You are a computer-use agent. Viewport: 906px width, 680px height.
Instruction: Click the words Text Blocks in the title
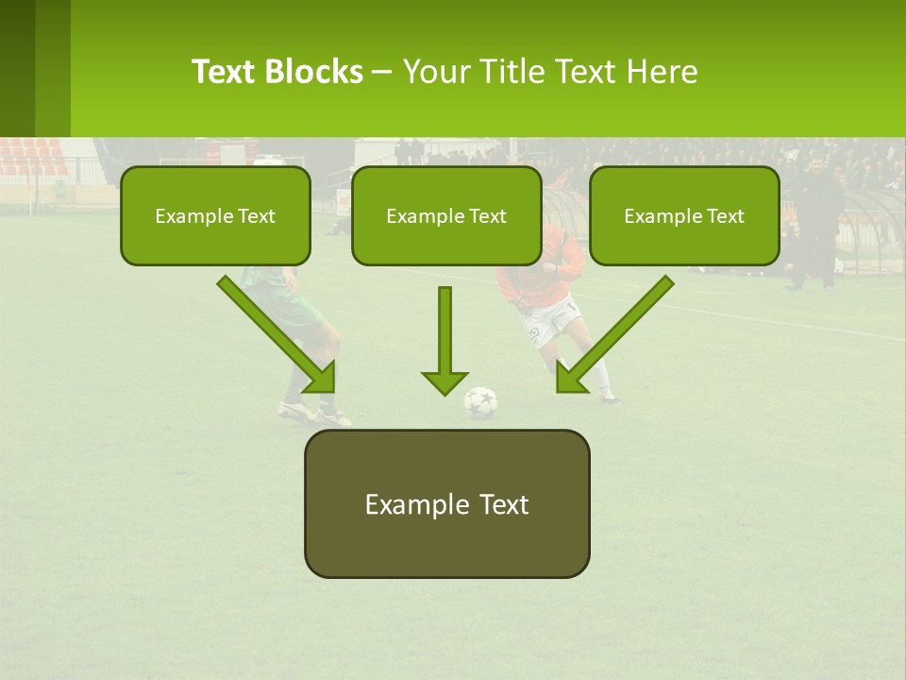[277, 72]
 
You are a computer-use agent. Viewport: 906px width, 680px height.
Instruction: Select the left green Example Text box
[215, 216]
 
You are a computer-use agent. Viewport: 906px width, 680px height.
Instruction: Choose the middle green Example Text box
[446, 216]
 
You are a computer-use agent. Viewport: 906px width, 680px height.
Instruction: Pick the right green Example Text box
[684, 216]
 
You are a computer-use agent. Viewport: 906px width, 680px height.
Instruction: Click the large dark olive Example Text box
[446, 504]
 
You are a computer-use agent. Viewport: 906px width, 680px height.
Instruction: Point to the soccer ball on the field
[480, 402]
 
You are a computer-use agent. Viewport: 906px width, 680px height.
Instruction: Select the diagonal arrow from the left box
[278, 335]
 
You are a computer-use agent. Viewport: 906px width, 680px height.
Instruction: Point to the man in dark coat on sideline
[814, 222]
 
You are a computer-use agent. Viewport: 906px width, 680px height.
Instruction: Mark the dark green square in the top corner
[17, 68]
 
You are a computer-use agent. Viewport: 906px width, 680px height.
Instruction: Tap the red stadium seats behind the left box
[33, 157]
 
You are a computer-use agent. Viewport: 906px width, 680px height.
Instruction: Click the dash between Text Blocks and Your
[382, 72]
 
